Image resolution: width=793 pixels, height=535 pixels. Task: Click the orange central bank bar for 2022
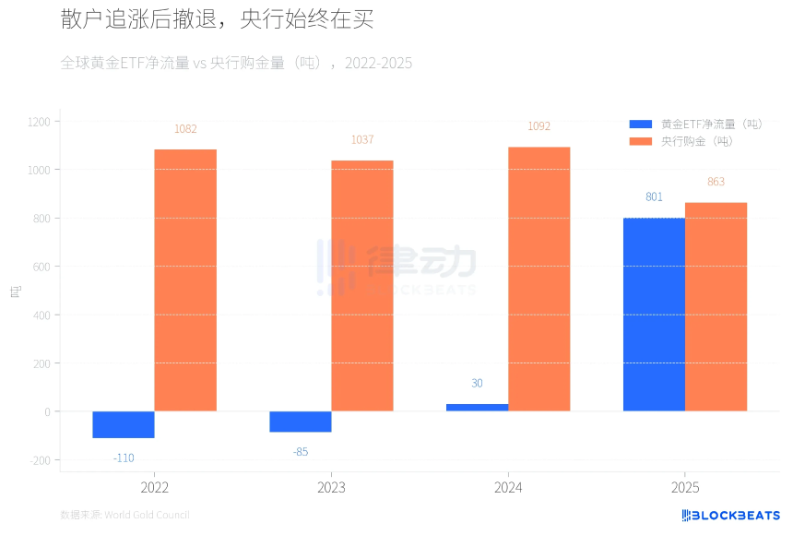click(185, 279)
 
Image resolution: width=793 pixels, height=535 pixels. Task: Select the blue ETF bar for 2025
click(654, 315)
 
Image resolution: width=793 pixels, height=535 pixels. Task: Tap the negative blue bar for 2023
click(300, 422)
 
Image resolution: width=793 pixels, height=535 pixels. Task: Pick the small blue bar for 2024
click(477, 407)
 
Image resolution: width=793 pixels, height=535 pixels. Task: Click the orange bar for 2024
click(539, 279)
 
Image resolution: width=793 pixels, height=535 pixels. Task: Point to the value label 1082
click(185, 129)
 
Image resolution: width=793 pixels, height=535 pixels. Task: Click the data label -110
click(124, 458)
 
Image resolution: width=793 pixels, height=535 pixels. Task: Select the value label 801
click(654, 197)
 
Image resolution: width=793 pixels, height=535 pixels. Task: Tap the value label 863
click(716, 182)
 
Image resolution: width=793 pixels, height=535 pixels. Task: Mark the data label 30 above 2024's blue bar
click(477, 384)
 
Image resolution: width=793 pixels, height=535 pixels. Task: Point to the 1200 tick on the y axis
click(39, 122)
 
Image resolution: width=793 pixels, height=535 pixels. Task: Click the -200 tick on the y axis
click(40, 460)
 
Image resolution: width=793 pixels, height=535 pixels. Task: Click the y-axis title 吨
click(15, 291)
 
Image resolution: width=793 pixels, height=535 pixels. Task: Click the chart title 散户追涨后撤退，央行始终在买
click(217, 20)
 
